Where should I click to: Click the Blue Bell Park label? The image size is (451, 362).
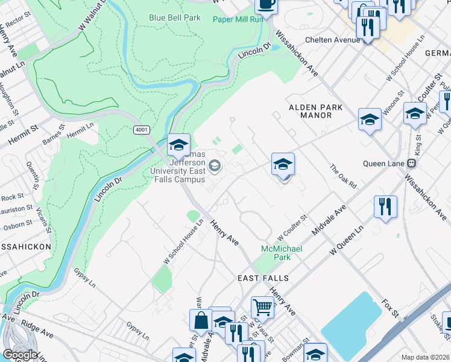pyautogui.click(x=175, y=18)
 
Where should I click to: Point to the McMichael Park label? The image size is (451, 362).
pyautogui.click(x=281, y=253)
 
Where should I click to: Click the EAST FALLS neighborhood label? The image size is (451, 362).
pyautogui.click(x=263, y=278)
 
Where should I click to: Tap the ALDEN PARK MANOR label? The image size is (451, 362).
pyautogui.click(x=316, y=111)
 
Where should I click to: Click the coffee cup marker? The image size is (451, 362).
pyautogui.click(x=266, y=5)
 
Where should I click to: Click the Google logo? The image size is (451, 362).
pyautogui.click(x=20, y=355)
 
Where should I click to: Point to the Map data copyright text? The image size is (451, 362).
pyautogui.click(x=424, y=357)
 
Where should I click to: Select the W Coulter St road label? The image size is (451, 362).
pyautogui.click(x=292, y=226)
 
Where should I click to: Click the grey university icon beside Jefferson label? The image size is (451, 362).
pyautogui.click(x=214, y=165)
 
